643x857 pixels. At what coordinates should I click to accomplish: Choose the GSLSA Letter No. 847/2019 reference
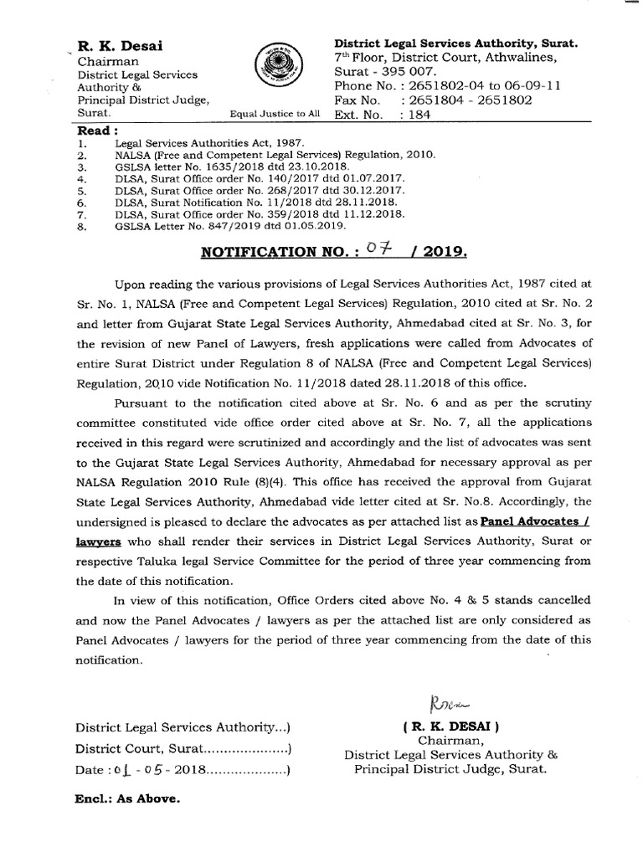tap(219, 226)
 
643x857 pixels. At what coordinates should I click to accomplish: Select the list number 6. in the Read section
tap(81, 203)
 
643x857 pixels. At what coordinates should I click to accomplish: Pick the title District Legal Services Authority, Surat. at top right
tap(456, 43)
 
